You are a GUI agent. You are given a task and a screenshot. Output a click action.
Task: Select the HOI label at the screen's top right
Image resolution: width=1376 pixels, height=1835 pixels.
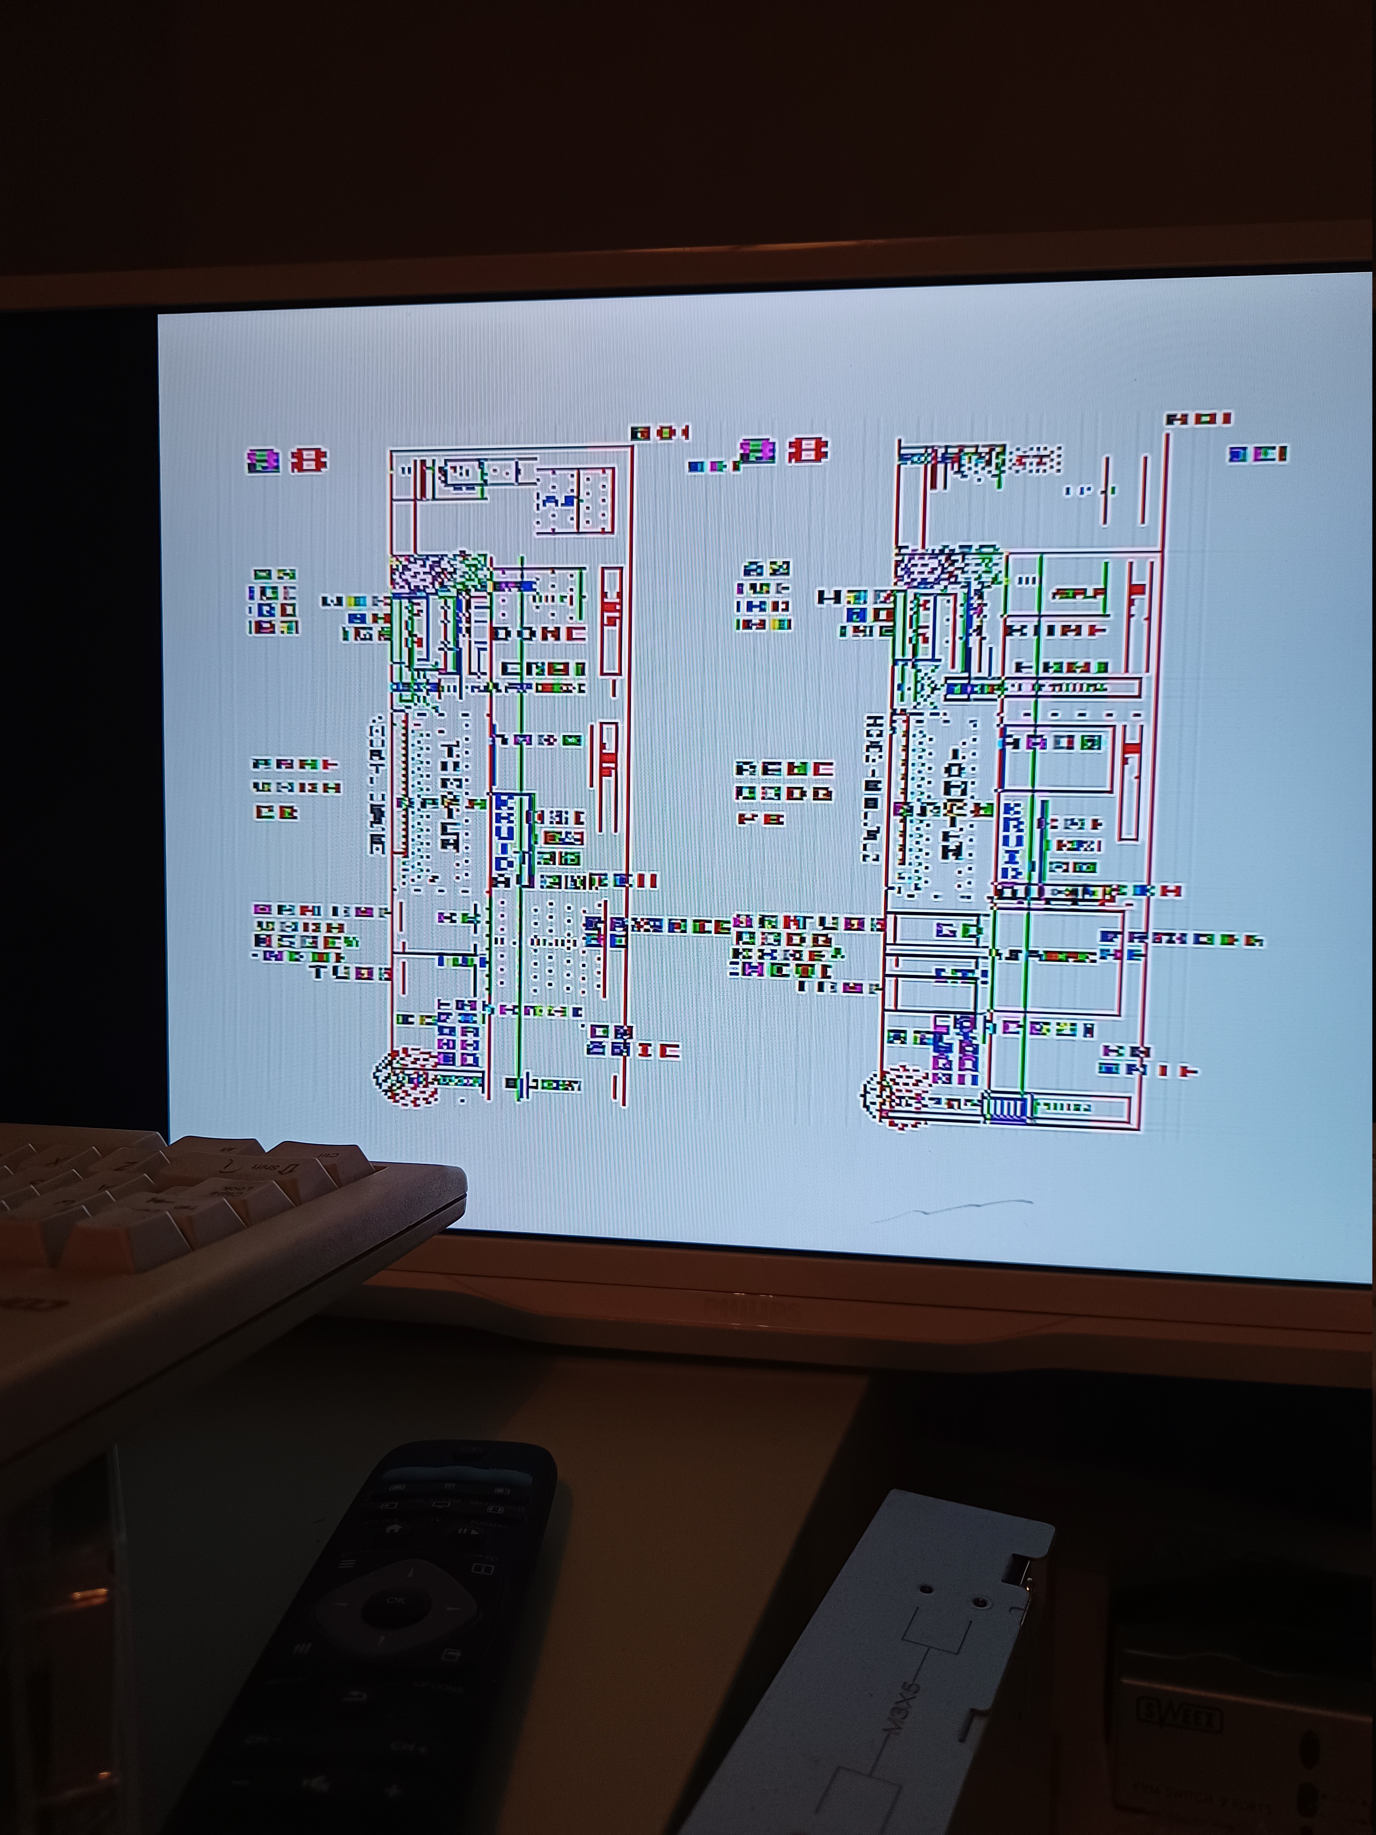pyautogui.click(x=1198, y=419)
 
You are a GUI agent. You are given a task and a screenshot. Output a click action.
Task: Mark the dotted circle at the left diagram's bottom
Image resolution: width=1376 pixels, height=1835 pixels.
pyautogui.click(x=406, y=1077)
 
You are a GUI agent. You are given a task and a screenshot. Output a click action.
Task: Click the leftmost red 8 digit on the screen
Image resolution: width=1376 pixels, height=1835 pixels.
pyautogui.click(x=264, y=461)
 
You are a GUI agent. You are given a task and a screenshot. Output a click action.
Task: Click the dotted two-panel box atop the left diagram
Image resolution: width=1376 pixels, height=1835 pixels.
pyautogui.click(x=575, y=500)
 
